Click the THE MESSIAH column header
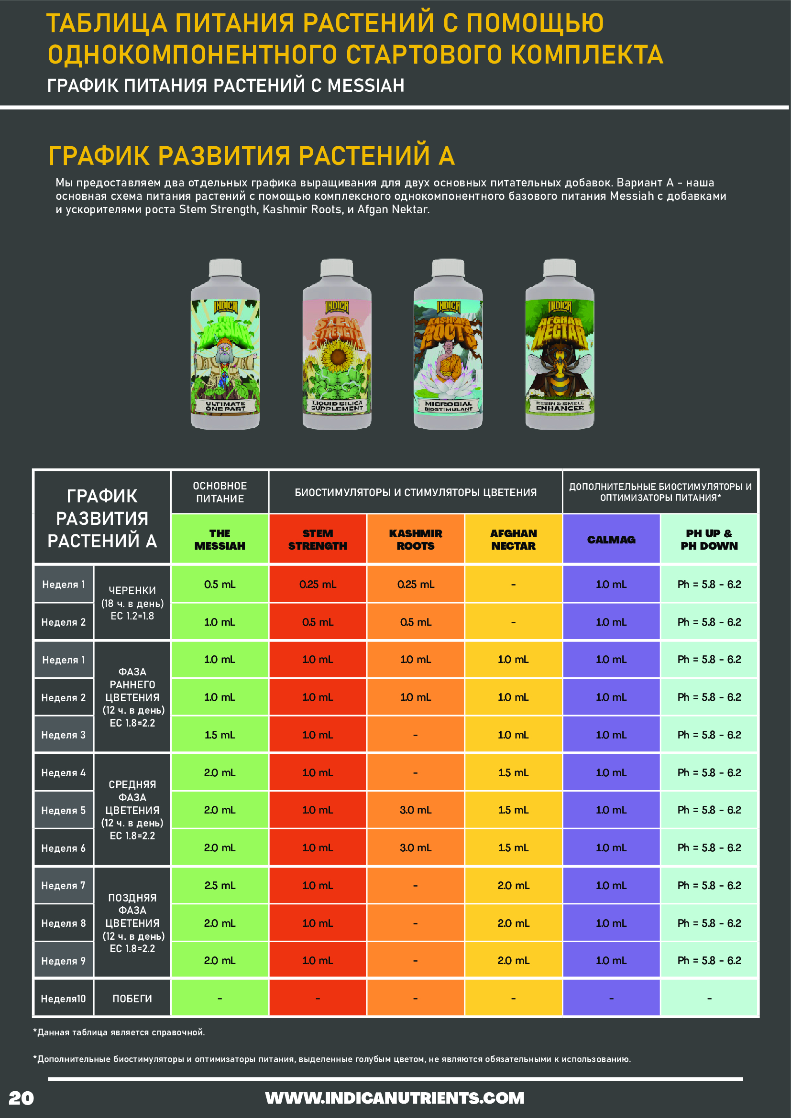click(220, 540)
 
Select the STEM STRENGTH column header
click(318, 540)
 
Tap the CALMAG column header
click(611, 540)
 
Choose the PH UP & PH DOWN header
click(709, 540)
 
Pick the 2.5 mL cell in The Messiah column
click(220, 885)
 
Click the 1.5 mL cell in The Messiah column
click(220, 735)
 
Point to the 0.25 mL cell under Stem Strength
click(318, 584)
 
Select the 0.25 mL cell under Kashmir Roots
click(416, 584)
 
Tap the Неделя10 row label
click(63, 999)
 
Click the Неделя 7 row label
click(63, 885)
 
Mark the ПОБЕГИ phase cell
click(132, 999)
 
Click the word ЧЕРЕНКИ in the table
click(132, 590)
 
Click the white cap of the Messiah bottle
click(225, 268)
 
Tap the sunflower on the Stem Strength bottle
click(337, 357)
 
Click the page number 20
click(22, 1098)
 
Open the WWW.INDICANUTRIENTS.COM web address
click(395, 1098)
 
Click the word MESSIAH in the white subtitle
click(366, 86)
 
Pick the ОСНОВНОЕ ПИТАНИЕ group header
click(220, 492)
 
